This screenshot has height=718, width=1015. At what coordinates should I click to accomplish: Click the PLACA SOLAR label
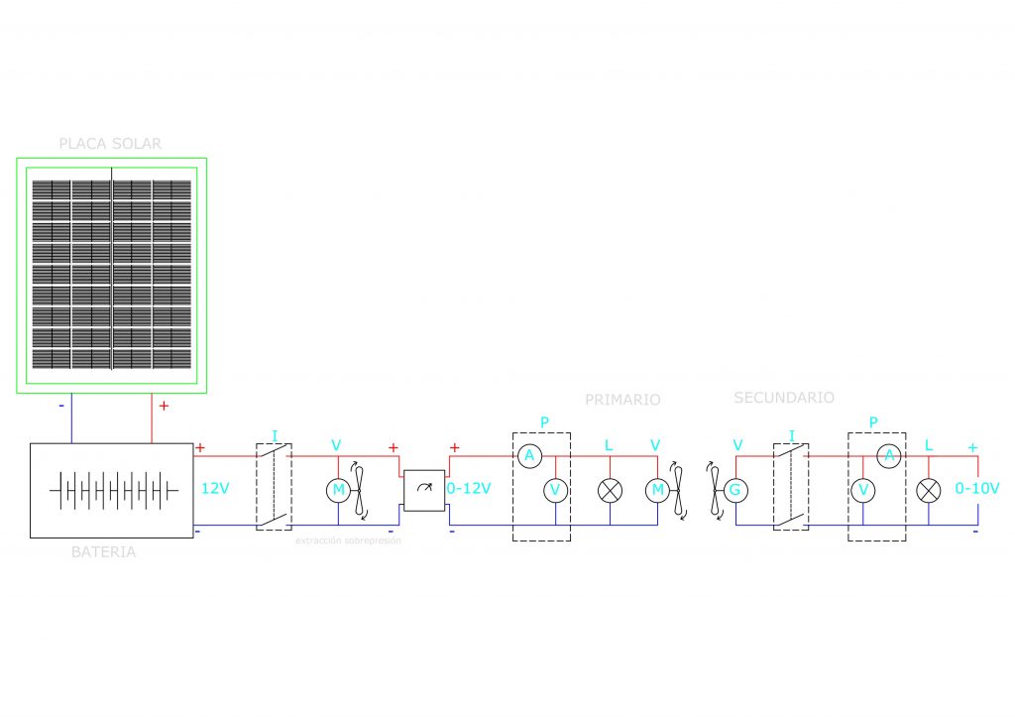point(110,144)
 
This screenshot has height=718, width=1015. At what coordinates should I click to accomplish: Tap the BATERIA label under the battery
point(103,552)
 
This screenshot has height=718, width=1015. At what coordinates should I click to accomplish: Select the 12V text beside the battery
point(216,488)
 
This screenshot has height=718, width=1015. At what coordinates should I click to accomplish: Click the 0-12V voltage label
point(468,488)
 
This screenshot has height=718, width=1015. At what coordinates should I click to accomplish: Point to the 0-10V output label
point(976,488)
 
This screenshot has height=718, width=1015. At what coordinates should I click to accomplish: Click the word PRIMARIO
point(622,400)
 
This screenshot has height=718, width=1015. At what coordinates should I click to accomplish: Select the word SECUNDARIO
point(783,398)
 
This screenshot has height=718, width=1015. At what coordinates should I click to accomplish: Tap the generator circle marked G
point(734,490)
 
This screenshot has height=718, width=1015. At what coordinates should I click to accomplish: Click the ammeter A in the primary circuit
point(529,456)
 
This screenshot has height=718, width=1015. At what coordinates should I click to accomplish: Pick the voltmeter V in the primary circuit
point(556,490)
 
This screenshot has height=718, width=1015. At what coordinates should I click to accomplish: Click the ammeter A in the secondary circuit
point(890,456)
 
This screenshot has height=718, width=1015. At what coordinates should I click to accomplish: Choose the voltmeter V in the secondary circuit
point(863,490)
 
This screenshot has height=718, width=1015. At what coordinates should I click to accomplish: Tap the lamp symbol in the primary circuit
point(611,490)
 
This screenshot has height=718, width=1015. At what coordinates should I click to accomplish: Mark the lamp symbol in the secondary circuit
point(929,490)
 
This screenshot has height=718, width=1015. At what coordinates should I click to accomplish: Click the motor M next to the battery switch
point(338,490)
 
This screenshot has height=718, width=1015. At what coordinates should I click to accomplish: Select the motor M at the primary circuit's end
point(656,490)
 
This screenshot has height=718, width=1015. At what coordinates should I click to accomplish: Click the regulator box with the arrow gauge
point(424,490)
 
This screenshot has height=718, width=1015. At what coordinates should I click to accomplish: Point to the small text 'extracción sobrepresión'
point(348,541)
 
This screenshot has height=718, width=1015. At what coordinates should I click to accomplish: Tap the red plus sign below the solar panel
point(164,406)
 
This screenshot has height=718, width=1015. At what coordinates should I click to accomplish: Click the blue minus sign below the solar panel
point(60,406)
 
